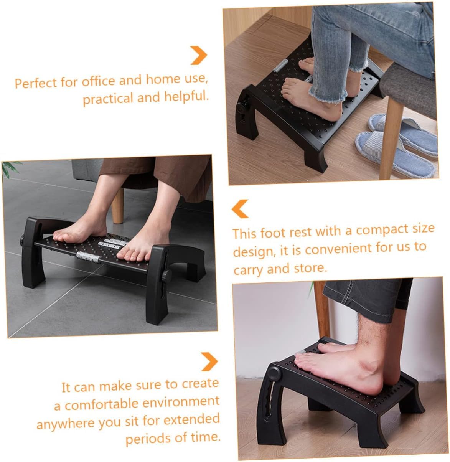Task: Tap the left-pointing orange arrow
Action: (x=241, y=209)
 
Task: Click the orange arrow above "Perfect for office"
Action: (x=199, y=55)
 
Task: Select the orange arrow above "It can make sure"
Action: (x=209, y=362)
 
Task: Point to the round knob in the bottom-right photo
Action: (x=274, y=372)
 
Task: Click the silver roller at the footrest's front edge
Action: (x=89, y=256)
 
